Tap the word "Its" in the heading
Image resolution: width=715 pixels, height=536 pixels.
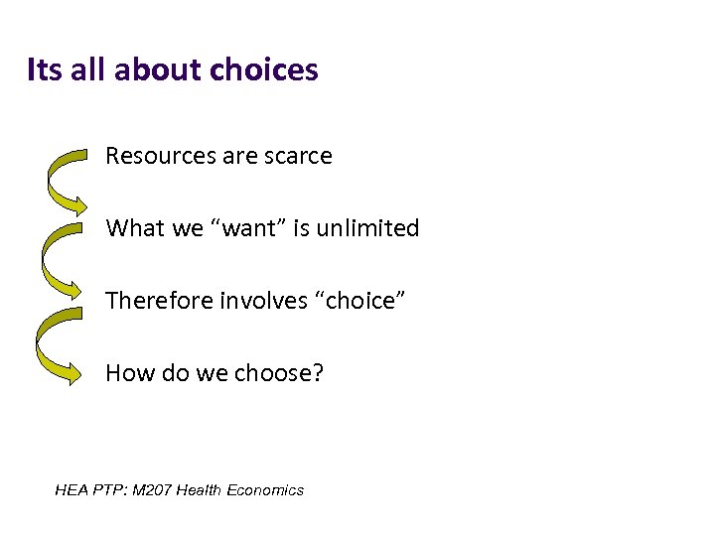pyautogui.click(x=44, y=70)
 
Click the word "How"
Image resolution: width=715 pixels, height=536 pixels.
pyautogui.click(x=126, y=373)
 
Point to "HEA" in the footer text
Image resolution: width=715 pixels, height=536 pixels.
pyautogui.click(x=71, y=489)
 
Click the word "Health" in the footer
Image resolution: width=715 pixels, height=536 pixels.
pyautogui.click(x=199, y=489)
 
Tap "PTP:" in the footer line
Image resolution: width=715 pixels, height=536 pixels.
pyautogui.click(x=107, y=489)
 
